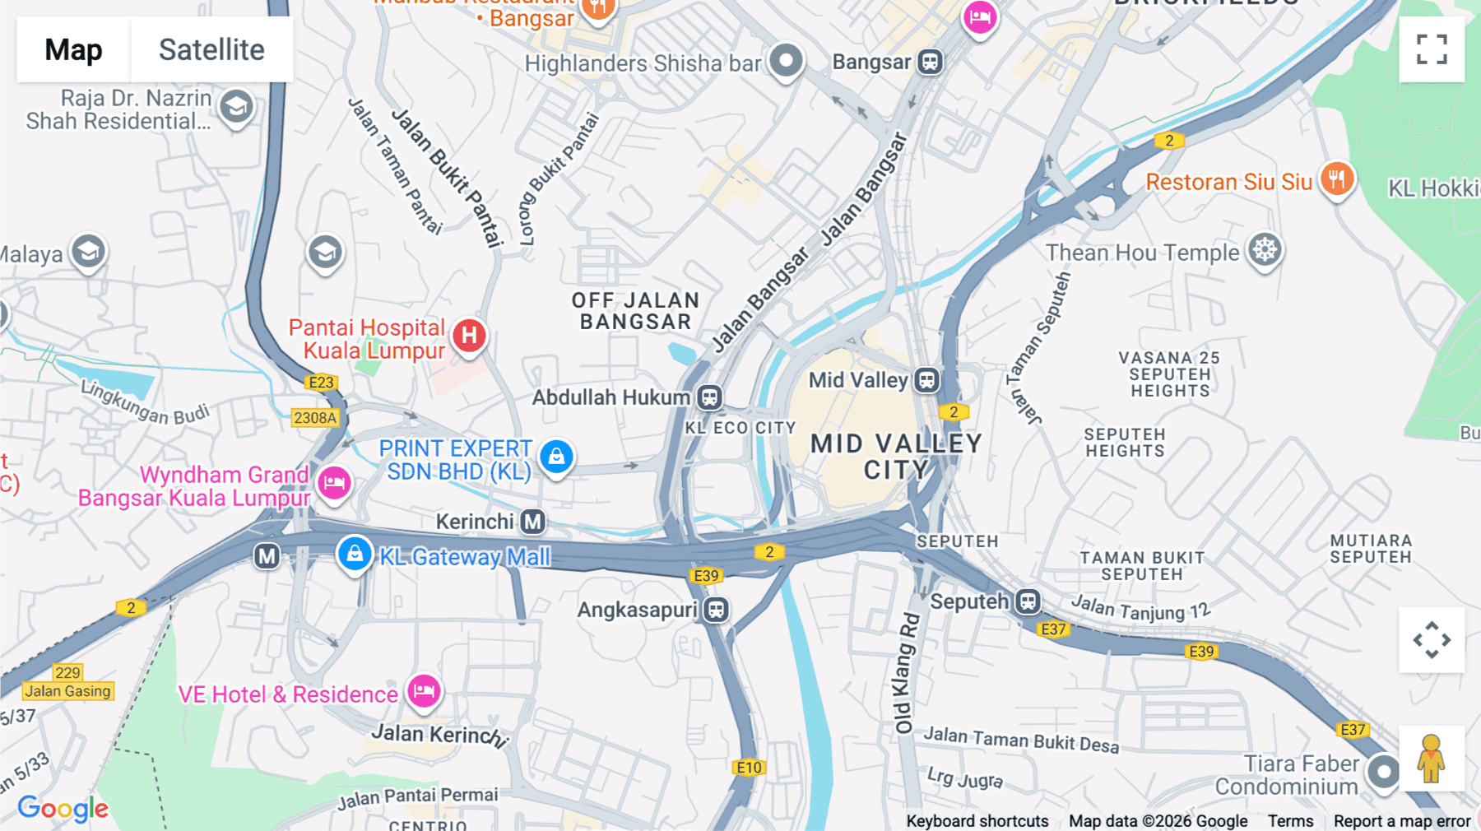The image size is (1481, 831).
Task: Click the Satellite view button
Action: (211, 49)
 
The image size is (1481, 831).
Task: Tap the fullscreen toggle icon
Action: (1431, 49)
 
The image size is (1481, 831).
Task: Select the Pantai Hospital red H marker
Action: (469, 336)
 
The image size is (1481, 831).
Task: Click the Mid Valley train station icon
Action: (927, 380)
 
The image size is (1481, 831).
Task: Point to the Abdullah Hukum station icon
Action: (709, 397)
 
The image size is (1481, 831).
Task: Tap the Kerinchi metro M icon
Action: (533, 522)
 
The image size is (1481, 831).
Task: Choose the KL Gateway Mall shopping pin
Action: (355, 554)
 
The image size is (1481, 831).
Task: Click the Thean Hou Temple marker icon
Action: (1265, 249)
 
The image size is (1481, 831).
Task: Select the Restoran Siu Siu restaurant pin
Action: (1337, 179)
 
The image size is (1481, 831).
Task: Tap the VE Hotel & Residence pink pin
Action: (424, 690)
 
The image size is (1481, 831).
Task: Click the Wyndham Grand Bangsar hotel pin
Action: (334, 482)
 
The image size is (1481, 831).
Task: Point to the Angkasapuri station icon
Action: (717, 610)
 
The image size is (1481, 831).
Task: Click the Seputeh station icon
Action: (1028, 601)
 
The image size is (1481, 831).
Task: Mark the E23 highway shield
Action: (321, 383)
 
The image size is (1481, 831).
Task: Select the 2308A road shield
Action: (315, 418)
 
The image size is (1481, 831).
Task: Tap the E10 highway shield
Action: (749, 768)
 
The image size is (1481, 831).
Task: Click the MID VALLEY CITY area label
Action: (895, 457)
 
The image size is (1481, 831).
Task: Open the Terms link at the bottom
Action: (1290, 821)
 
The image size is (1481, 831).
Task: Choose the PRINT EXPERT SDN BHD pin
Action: (556, 456)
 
